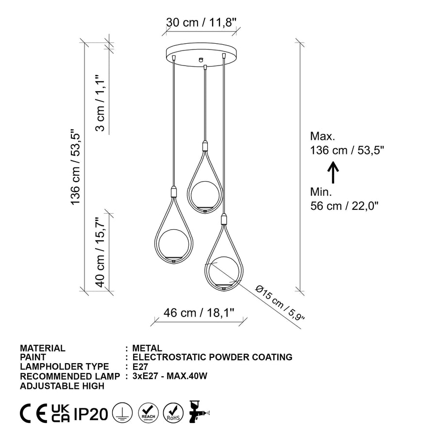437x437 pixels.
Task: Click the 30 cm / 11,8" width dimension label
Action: [201, 22]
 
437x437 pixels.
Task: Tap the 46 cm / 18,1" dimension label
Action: [199, 313]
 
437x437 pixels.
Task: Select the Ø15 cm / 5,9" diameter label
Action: [280, 303]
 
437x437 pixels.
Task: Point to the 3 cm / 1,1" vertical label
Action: [100, 102]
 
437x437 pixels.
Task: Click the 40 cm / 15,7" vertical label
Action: [100, 252]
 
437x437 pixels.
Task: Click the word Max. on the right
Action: [322, 136]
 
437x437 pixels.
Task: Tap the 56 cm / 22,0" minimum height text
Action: [344, 206]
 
